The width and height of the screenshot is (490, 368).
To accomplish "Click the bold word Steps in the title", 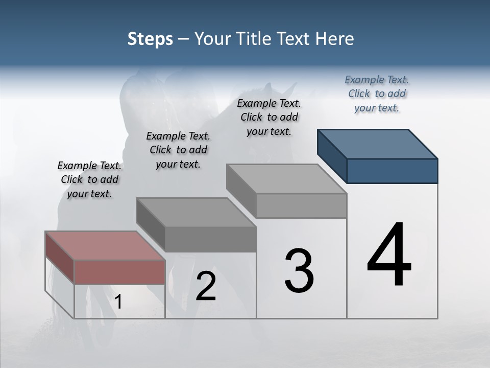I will coord(150,39).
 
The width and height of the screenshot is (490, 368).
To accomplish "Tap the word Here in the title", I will coord(335,39).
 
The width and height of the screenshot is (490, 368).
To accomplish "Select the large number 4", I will coord(389,256).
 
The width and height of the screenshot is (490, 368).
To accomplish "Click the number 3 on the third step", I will coord(299,271).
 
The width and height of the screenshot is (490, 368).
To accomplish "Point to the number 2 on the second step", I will coord(206,286).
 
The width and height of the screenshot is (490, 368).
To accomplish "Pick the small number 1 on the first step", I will coord(118,302).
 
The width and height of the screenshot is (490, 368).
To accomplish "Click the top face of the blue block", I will coord(378,144).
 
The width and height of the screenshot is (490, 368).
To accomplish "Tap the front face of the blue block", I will coord(392,171).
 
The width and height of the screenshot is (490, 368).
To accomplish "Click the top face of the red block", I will coord(105,246).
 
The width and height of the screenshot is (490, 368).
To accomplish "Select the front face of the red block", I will coord(119,272).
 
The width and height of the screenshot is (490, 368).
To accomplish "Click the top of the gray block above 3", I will coord(286,179).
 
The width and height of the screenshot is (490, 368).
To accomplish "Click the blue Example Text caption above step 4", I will coord(377,94).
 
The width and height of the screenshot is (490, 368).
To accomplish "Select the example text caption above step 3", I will coord(269,118).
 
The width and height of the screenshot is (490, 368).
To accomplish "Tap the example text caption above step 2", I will coord(178,150).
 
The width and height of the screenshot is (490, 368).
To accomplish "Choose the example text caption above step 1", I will coord(89,180).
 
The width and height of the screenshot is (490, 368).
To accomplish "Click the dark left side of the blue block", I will coord(332,156).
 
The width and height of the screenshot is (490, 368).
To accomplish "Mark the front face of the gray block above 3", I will coord(301,205).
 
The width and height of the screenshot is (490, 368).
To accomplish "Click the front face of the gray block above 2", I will coord(210,239).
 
